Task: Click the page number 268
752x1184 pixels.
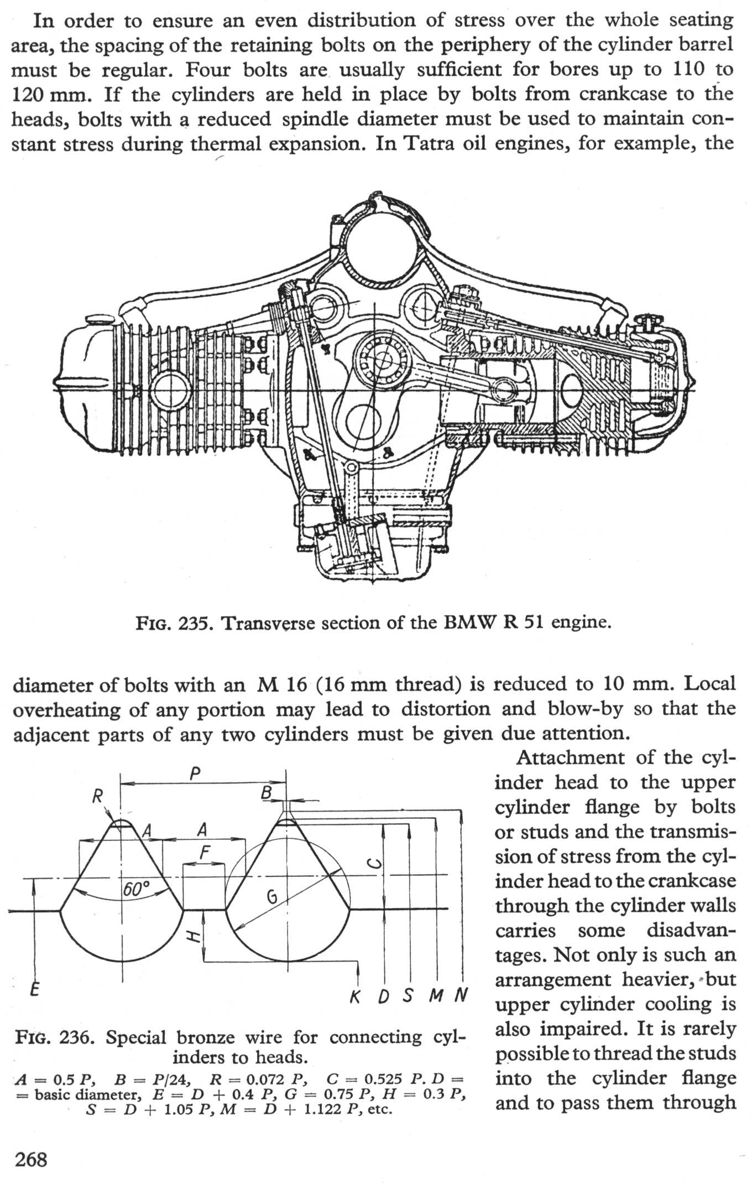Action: [x=32, y=1158]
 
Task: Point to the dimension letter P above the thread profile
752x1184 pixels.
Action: [x=195, y=773]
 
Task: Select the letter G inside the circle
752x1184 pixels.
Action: [x=271, y=896]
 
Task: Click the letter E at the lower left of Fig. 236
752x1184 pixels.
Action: [x=34, y=989]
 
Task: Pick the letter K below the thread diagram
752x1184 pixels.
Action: [x=356, y=996]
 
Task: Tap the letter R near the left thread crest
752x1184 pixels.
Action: [x=97, y=797]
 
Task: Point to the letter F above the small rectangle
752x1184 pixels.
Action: [x=204, y=853]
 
